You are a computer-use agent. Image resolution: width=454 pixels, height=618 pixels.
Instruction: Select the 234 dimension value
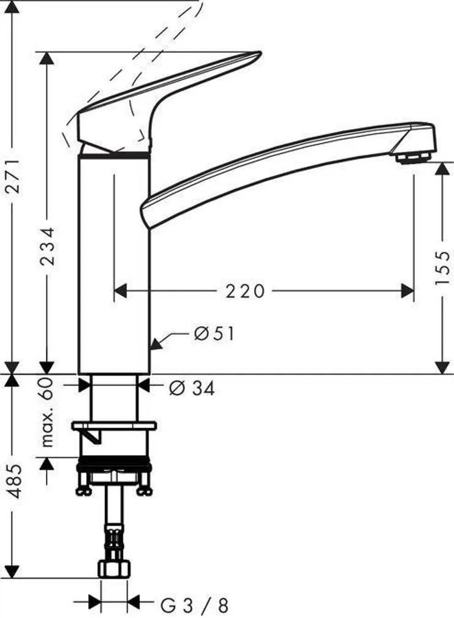coord(48,246)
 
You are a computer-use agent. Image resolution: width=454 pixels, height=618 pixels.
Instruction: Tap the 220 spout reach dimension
coord(244,291)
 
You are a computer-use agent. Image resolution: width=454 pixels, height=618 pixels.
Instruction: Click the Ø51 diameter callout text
coord(214,334)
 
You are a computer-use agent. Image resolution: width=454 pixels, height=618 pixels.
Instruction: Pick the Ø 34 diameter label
coord(191,388)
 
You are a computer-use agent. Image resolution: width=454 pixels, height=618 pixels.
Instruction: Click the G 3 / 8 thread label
coord(194,606)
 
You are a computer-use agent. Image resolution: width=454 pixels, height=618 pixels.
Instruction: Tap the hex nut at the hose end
coord(113,570)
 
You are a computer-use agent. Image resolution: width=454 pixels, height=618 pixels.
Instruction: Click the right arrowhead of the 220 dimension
coord(407,291)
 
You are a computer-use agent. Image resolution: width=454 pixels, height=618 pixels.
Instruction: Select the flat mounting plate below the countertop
coord(114,425)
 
